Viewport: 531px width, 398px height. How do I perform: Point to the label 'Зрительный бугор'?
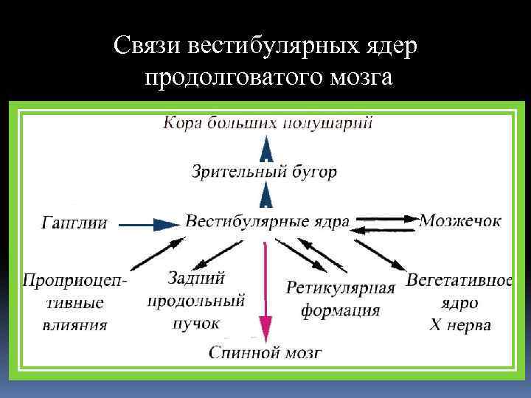(x=264, y=172)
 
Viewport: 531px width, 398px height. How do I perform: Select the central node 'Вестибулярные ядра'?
(x=267, y=221)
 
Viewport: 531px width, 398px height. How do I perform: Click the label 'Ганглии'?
(x=74, y=222)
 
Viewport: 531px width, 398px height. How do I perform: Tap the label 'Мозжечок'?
(x=460, y=220)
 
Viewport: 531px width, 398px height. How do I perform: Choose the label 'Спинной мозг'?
(x=265, y=352)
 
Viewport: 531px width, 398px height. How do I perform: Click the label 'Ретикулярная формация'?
(x=340, y=298)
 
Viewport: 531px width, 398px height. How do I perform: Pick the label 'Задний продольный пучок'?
(x=196, y=300)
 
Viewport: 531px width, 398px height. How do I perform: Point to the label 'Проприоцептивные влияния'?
(x=74, y=302)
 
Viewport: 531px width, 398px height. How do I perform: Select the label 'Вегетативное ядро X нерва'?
(x=459, y=303)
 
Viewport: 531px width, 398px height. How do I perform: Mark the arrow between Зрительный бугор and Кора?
(x=266, y=150)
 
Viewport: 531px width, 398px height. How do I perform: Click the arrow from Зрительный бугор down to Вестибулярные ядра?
(x=266, y=196)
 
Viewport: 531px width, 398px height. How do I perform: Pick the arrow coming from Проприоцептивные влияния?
(x=156, y=253)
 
